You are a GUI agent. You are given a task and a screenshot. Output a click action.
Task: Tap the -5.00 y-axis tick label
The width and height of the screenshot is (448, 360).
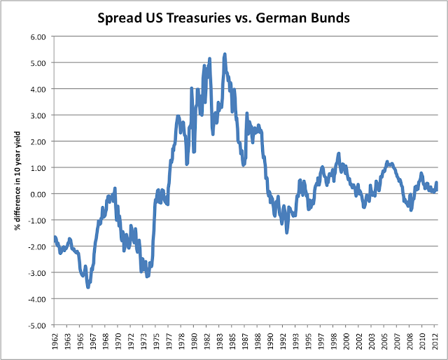click(x=36, y=326)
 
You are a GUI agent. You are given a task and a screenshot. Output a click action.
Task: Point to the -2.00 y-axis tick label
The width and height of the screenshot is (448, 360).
click(x=36, y=247)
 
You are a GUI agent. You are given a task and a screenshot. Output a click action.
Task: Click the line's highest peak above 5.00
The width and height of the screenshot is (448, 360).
click(x=225, y=53)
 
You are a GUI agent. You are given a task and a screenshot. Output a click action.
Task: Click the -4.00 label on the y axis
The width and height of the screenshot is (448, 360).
click(x=36, y=299)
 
